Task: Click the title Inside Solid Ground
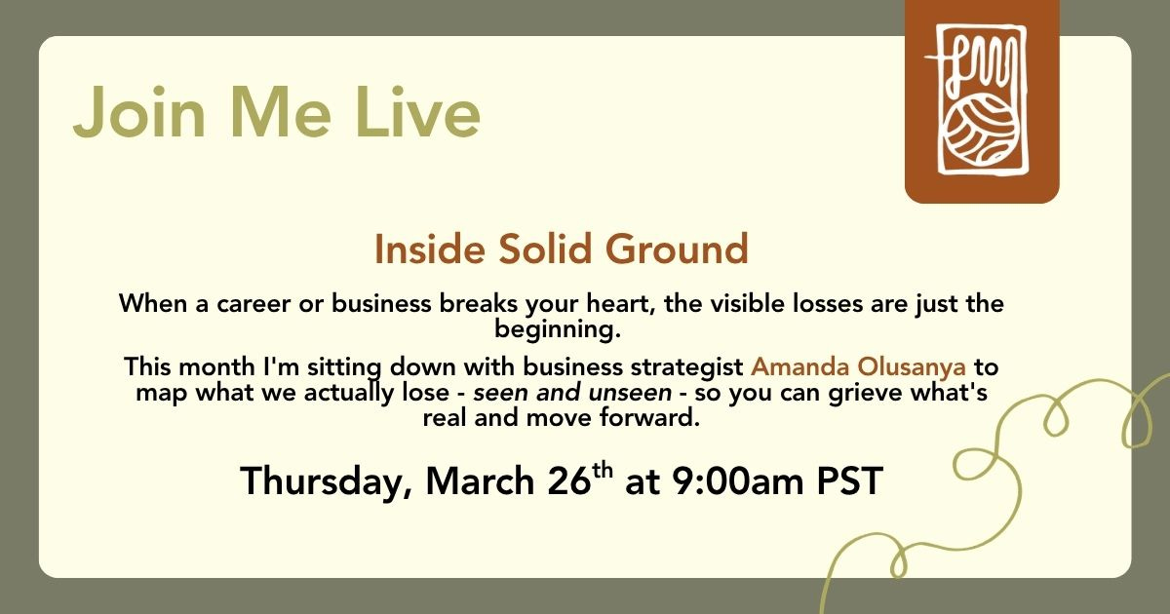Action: [x=562, y=249]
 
